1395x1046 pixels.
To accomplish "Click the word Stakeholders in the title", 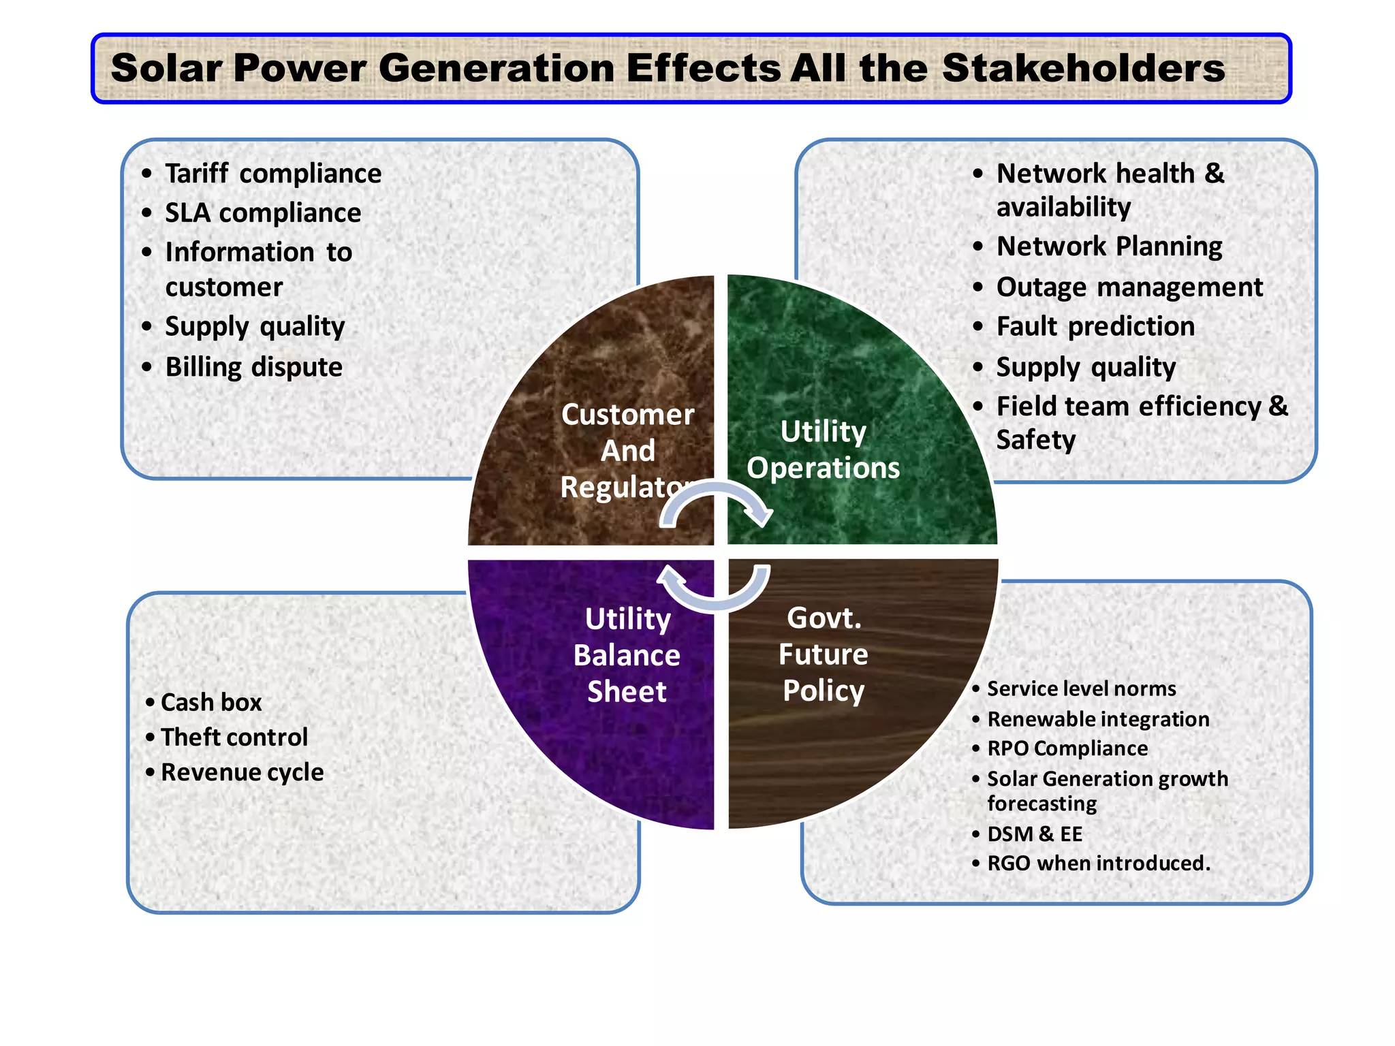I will pyautogui.click(x=1083, y=69).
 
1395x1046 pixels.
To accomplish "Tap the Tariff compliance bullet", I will pyautogui.click(x=272, y=174).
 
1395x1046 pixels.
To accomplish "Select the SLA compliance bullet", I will pyautogui.click(x=262, y=213).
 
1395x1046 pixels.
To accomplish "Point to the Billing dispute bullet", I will pyautogui.click(x=253, y=367).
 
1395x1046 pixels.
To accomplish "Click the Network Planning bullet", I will pyautogui.click(x=1109, y=247).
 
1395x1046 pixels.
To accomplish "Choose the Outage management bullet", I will pyautogui.click(x=1129, y=287).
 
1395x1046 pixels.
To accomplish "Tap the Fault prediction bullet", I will pyautogui.click(x=1095, y=327).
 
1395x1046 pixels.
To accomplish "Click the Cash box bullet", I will pyautogui.click(x=210, y=702).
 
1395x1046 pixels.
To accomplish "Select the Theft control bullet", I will pyautogui.click(x=234, y=738).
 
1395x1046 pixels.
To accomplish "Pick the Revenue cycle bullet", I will pyautogui.click(x=242, y=772).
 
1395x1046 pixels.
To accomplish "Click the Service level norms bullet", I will pyautogui.click(x=1081, y=688).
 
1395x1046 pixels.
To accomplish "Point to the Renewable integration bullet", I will pyautogui.click(x=1098, y=719).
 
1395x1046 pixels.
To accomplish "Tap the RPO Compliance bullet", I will pyautogui.click(x=1067, y=748).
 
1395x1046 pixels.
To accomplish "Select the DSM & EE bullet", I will pyautogui.click(x=1034, y=834).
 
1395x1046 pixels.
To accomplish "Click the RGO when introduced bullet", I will pyautogui.click(x=1098, y=863).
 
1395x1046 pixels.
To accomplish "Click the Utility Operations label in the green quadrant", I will pyautogui.click(x=823, y=449).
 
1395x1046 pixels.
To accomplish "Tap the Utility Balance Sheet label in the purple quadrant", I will pyautogui.click(x=627, y=655).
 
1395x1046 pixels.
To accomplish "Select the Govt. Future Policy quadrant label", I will pyautogui.click(x=824, y=654).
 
